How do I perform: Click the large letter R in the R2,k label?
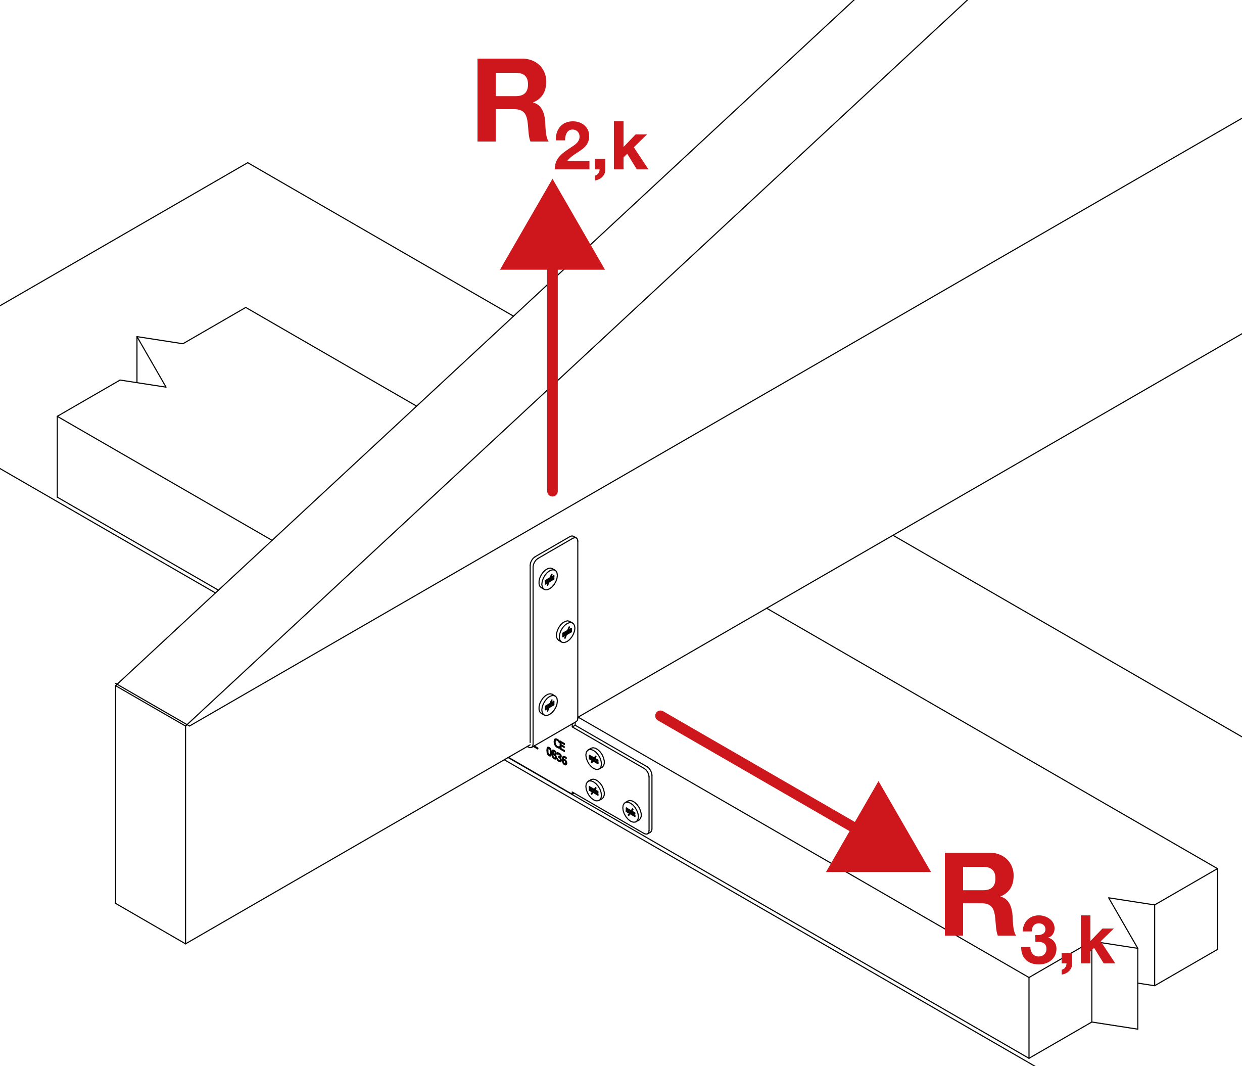[x=511, y=101]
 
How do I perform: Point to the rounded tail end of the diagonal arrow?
[x=660, y=715]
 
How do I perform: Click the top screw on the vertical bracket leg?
[x=548, y=579]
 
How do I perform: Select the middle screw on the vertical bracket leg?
[x=565, y=631]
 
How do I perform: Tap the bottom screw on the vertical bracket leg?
[x=548, y=705]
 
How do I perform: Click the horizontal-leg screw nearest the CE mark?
[x=594, y=759]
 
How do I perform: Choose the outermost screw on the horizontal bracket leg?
[x=631, y=812]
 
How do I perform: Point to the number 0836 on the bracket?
[x=556, y=757]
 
